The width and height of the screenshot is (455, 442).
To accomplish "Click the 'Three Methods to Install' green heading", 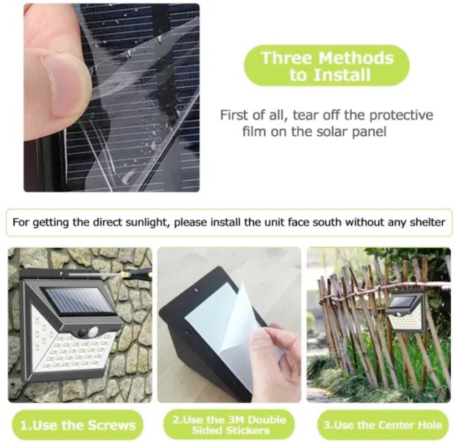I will tap(327, 66).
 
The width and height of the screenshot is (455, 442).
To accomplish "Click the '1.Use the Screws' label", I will tap(78, 426).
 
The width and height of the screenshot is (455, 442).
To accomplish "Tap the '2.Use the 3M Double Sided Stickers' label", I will tap(228, 425).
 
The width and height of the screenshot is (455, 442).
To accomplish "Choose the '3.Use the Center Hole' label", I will tap(382, 425).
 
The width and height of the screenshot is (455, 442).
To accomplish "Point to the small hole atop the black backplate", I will tap(196, 289).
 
